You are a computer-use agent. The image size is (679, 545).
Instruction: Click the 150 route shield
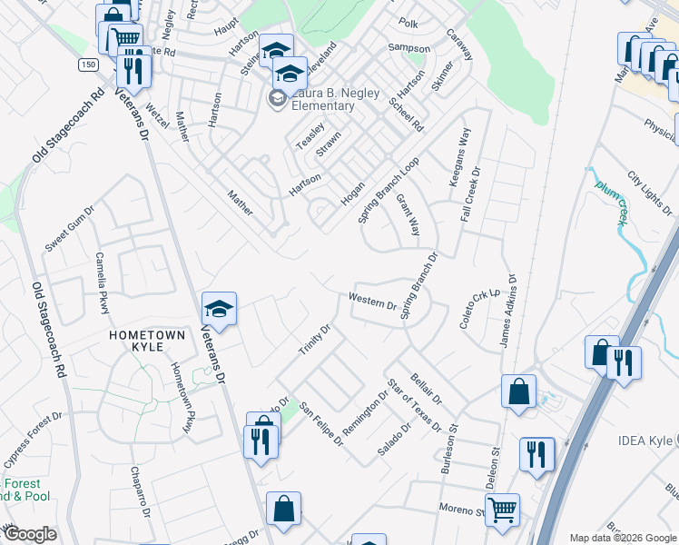pyautogui.click(x=87, y=65)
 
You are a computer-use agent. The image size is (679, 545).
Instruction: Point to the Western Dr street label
pyautogui.click(x=373, y=301)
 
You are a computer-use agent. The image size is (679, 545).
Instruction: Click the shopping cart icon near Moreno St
pyautogui.click(x=502, y=510)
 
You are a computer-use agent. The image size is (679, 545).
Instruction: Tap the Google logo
pyautogui.click(x=30, y=534)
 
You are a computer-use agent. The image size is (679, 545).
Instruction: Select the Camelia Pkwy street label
pyautogui.click(x=103, y=282)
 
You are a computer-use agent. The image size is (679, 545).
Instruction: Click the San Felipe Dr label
pyautogui.click(x=322, y=424)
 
